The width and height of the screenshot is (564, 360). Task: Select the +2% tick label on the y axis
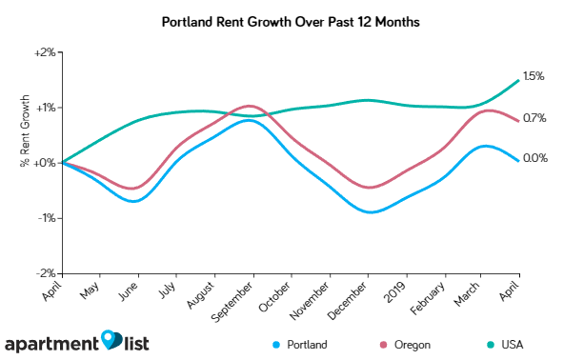pyautogui.click(x=45, y=51)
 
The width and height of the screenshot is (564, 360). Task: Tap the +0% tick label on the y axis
pyautogui.click(x=45, y=163)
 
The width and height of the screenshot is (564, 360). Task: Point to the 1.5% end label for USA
pyautogui.click(x=534, y=76)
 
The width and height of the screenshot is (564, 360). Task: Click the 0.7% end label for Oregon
pyautogui.click(x=534, y=118)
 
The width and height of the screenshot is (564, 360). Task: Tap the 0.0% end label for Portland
pyautogui.click(x=534, y=158)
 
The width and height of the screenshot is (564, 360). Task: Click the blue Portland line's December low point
pyautogui.click(x=369, y=212)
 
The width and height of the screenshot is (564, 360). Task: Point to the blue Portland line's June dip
pyautogui.click(x=136, y=201)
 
